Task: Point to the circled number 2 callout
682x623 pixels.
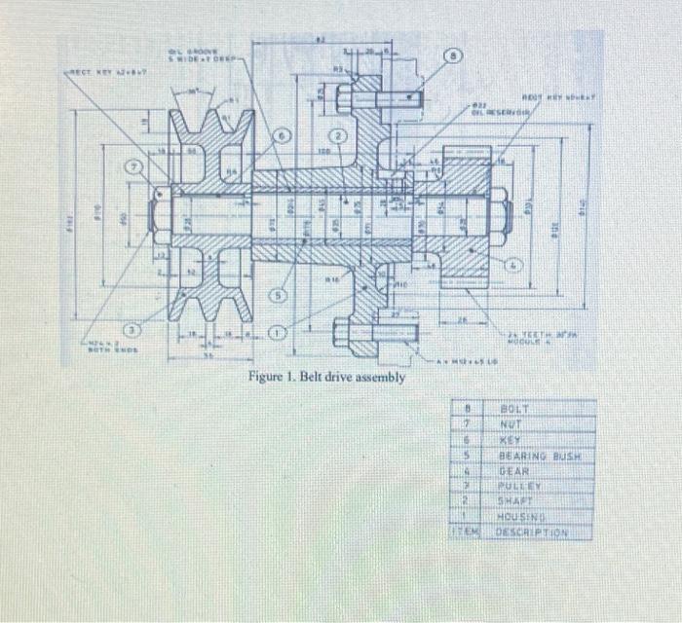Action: [341, 135]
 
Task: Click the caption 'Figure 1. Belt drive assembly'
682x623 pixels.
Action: [325, 377]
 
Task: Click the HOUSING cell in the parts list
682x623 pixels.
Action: [520, 515]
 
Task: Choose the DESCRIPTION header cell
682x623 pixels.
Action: [532, 531]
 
